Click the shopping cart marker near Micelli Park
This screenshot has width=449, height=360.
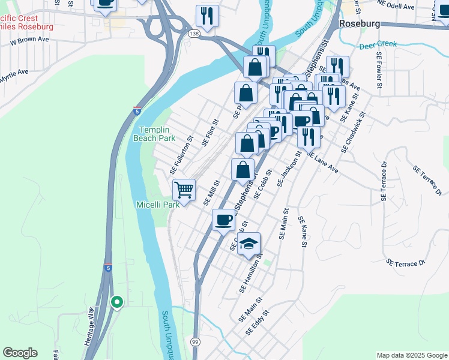click(184, 190)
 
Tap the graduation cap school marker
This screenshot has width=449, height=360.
click(249, 244)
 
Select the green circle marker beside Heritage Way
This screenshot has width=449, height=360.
click(117, 302)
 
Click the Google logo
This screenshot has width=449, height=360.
click(20, 353)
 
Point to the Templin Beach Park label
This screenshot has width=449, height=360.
click(157, 134)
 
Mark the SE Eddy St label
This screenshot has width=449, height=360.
click(259, 322)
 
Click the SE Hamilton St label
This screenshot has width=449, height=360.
click(252, 274)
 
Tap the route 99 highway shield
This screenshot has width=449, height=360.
click(195, 341)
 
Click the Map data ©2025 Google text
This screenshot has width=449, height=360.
click(411, 355)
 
